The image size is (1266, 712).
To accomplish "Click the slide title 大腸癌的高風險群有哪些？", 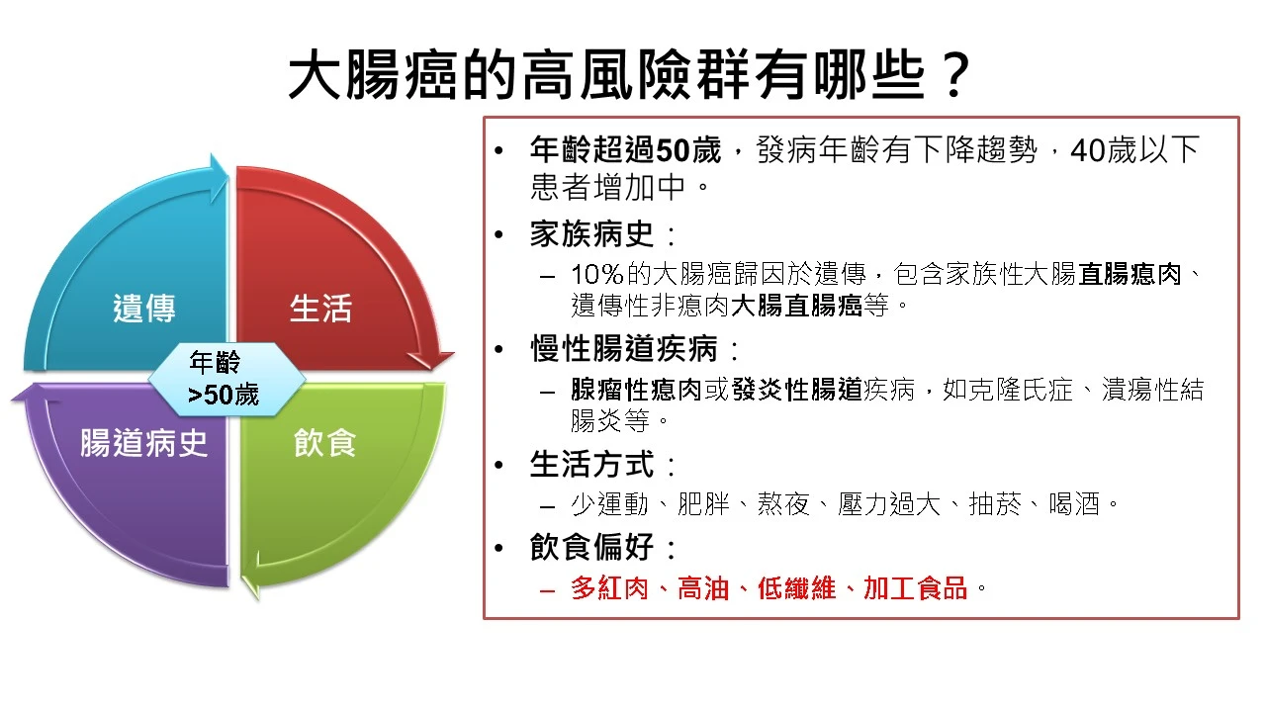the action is tap(629, 74).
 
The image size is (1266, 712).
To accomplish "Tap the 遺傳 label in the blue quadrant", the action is tap(144, 309).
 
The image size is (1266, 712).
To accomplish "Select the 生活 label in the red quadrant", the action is tap(320, 309).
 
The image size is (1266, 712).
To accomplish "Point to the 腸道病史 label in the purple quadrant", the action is tap(143, 442).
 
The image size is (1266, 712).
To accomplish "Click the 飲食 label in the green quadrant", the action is tap(325, 442).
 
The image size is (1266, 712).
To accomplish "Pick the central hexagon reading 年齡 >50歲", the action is tap(226, 379).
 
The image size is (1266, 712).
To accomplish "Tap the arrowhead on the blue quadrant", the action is tap(219, 177).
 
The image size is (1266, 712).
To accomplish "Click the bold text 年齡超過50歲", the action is tap(625, 150).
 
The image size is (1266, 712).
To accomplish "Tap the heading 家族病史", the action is tap(591, 234).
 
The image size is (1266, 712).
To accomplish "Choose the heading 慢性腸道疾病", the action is tap(623, 349).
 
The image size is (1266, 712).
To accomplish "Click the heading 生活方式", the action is tap(591, 465).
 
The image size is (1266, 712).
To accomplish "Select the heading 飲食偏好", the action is tap(591, 547).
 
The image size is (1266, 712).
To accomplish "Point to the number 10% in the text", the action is tap(596, 275).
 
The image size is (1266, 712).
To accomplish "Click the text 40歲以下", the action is tap(1134, 150).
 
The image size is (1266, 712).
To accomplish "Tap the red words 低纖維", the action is tap(796, 588).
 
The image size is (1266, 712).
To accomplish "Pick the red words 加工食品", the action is tap(916, 588).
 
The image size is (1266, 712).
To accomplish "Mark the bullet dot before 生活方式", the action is tap(498, 466).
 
